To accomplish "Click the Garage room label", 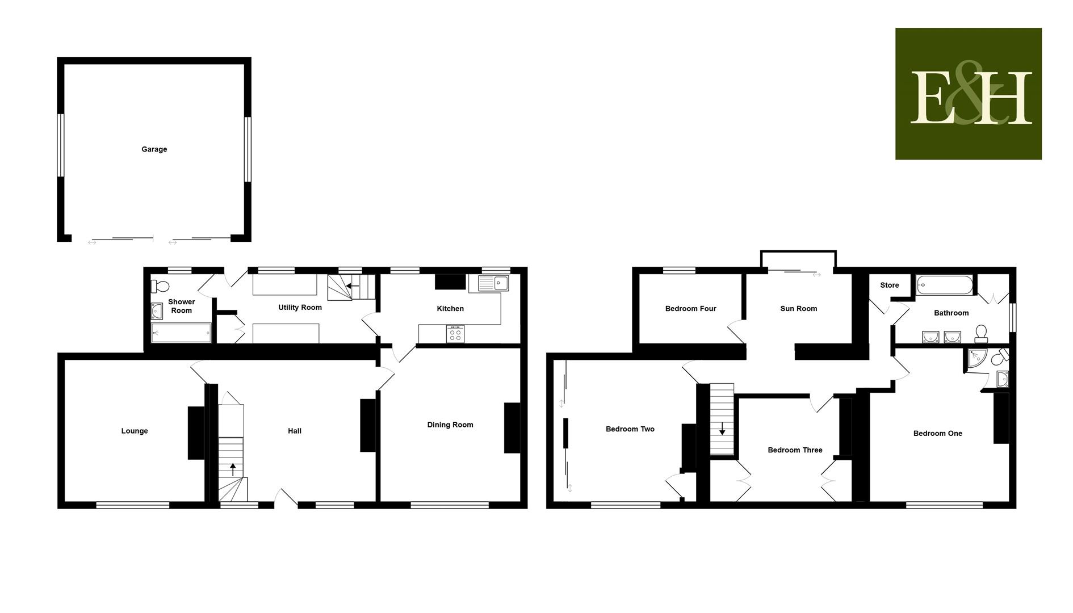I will (154, 149).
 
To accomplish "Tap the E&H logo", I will (968, 94).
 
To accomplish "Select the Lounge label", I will (135, 431).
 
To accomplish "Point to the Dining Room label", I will (450, 425).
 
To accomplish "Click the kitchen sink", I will (494, 283).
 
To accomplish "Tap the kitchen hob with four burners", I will (455, 334).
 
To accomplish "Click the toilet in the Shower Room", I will (160, 285).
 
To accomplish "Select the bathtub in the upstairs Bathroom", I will (945, 284).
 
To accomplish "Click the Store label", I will (890, 285).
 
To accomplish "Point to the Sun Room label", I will (799, 309).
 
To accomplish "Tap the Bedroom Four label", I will (691, 309).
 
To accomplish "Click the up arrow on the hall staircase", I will (233, 469).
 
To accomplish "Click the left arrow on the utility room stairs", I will (353, 285).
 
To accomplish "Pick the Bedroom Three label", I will (795, 450).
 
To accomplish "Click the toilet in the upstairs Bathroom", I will (981, 334).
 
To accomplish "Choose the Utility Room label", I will (300, 308).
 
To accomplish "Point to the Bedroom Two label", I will (630, 429).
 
